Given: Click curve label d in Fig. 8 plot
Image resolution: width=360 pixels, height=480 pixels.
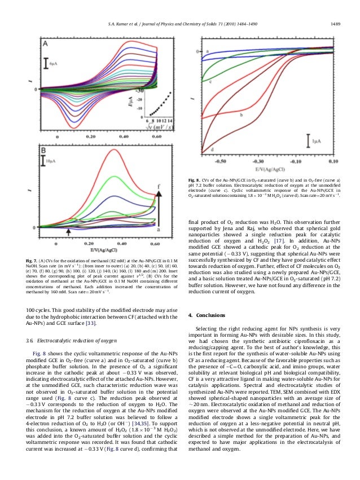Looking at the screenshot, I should (x=212, y=149).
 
